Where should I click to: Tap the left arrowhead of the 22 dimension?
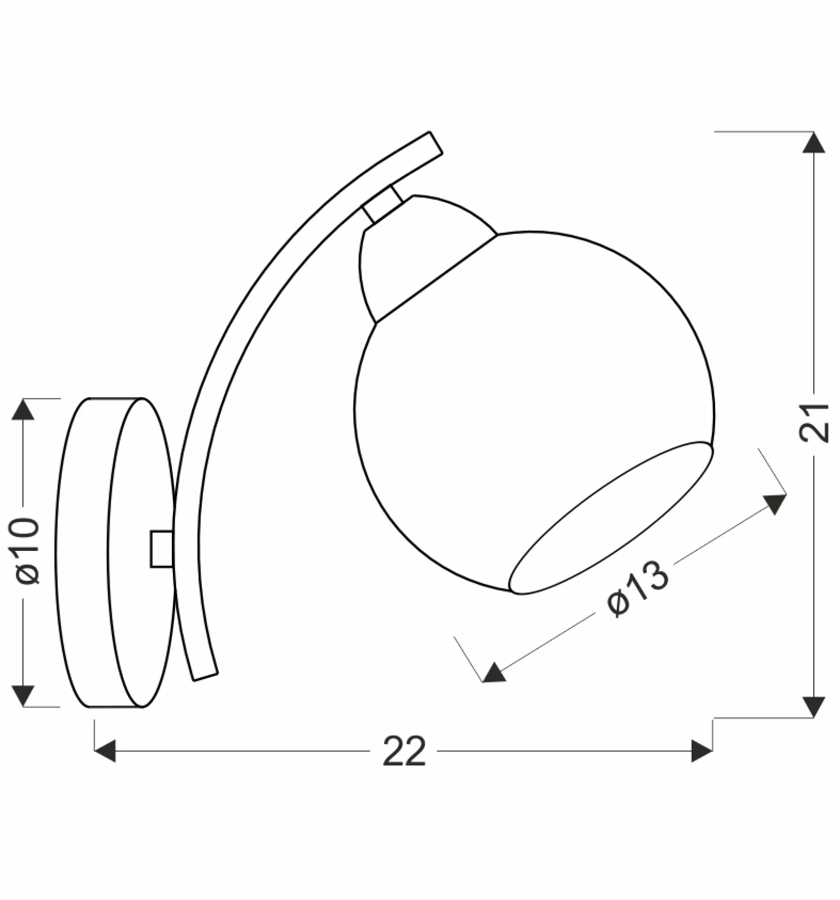pos(105,751)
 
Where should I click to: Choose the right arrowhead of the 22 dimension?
pos(701,751)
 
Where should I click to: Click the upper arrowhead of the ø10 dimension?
pos(23,409)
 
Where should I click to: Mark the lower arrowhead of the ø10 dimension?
pos(23,696)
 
